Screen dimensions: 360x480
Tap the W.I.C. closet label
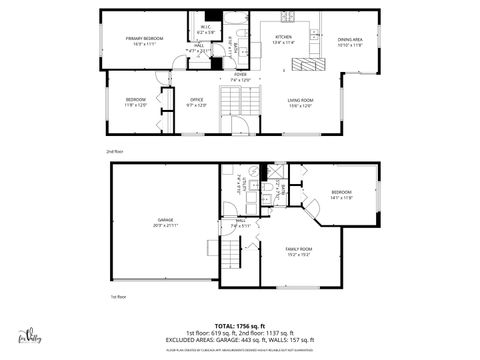pyautogui.click(x=205, y=28)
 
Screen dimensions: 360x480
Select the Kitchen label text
pyautogui.click(x=283, y=39)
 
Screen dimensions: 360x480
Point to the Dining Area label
pyautogui.click(x=350, y=41)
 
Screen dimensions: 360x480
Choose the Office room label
pyautogui.click(x=196, y=101)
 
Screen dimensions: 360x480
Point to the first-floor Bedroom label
pyautogui.click(x=341, y=193)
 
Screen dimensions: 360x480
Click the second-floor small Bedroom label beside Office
pyautogui.click(x=135, y=101)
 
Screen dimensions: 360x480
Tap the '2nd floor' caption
pyautogui.click(x=115, y=151)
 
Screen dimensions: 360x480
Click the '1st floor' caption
pyautogui.click(x=119, y=297)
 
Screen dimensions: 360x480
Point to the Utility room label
pyautogui.click(x=239, y=187)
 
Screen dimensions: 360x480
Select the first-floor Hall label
pyautogui.click(x=240, y=225)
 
